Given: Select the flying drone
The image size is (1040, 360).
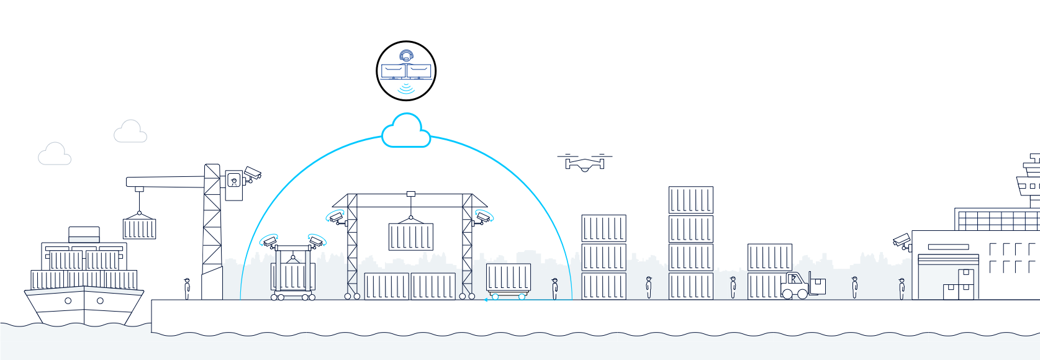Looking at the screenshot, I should [x=584, y=163].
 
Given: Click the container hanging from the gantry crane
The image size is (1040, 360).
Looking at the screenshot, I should [x=410, y=236].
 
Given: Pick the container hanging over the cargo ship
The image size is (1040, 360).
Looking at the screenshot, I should [x=139, y=229].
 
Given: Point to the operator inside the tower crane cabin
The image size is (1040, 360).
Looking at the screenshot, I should [x=233, y=181].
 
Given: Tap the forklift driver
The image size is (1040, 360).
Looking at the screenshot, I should [x=794, y=280].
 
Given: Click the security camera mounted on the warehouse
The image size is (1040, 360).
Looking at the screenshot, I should [x=902, y=240].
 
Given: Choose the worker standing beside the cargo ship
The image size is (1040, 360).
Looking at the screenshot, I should [x=187, y=288].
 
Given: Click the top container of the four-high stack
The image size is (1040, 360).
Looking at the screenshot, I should [x=690, y=200].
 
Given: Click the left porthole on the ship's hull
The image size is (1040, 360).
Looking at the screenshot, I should [x=68, y=301].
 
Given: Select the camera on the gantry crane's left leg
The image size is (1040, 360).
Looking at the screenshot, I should [x=335, y=217].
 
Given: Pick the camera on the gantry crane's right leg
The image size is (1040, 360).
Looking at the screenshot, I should [x=484, y=217].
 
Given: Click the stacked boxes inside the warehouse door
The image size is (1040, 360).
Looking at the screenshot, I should [x=959, y=286].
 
